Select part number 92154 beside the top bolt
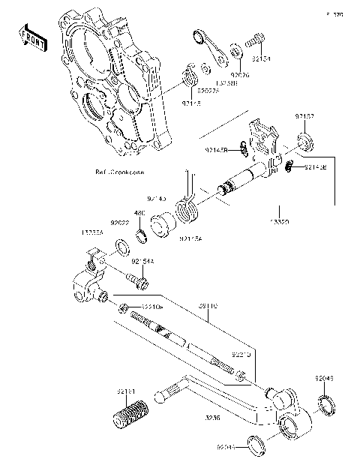tap(262, 57)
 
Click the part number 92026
tap(240, 75)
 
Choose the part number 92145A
tap(190, 238)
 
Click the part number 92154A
tap(142, 261)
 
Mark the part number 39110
tap(208, 307)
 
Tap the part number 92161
tap(126, 391)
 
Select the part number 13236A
tap(93, 232)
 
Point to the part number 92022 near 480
tap(120, 223)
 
